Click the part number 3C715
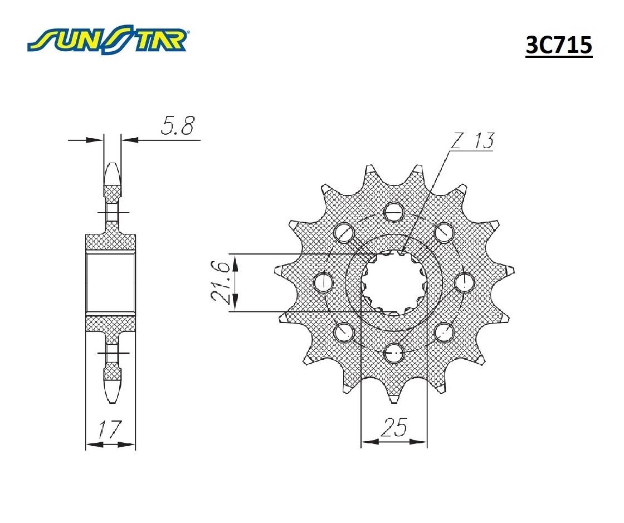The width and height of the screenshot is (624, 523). [559, 45]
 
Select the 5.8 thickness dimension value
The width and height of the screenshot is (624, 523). [177, 126]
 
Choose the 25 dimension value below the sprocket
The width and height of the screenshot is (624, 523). [394, 428]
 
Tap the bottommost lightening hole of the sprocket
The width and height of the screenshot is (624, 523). [393, 353]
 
